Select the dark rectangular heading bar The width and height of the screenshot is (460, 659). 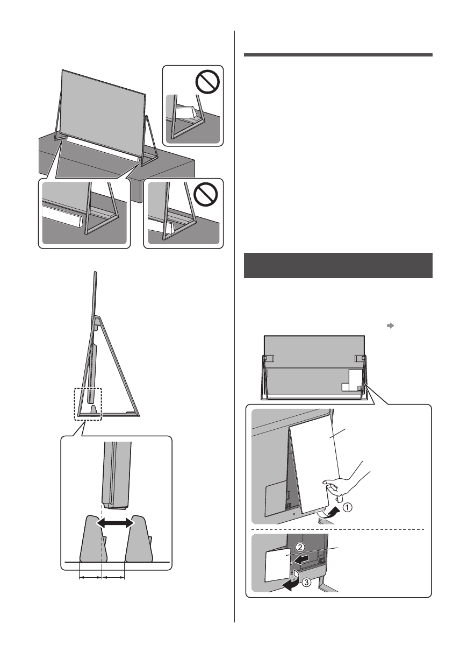click(x=338, y=265)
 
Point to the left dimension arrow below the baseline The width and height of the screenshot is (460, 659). click(x=90, y=578)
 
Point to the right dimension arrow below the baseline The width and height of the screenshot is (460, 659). click(x=113, y=578)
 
